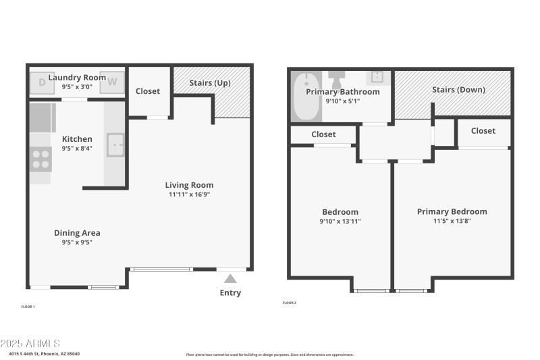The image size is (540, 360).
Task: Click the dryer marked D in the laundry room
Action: [x=42, y=82]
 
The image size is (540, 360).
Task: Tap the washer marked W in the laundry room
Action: [x=113, y=82]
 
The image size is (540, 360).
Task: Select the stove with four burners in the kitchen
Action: [x=40, y=159]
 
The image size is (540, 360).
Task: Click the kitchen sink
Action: [x=116, y=145]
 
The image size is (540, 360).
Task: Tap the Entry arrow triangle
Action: [x=230, y=278]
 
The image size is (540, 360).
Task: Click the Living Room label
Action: [x=190, y=185]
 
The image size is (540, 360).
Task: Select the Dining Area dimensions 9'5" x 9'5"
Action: [x=77, y=242]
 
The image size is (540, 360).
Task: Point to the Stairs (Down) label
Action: [x=458, y=89]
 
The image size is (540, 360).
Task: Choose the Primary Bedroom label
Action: [x=452, y=211]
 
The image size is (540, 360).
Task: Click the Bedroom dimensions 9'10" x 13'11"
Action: [x=340, y=221]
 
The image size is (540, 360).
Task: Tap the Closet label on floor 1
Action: [x=148, y=91]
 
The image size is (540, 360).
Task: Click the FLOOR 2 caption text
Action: [x=289, y=303]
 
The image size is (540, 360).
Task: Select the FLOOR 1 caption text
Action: [x=28, y=306]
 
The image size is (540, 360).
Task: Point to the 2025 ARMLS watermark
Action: [x=30, y=344]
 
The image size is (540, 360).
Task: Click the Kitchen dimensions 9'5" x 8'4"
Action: [x=77, y=148]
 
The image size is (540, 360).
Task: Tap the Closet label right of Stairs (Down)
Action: [x=483, y=130]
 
